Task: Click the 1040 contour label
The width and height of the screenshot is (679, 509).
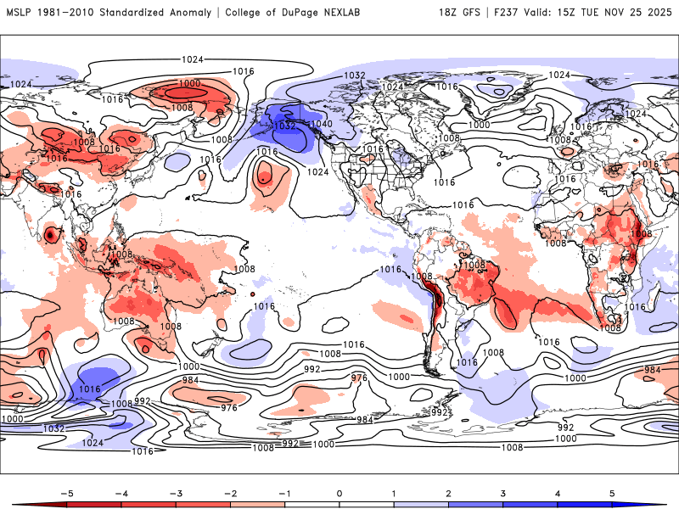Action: [x=322, y=124]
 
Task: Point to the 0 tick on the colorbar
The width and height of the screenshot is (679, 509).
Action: [x=339, y=492]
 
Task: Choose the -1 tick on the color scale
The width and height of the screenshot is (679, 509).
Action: [x=284, y=492]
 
